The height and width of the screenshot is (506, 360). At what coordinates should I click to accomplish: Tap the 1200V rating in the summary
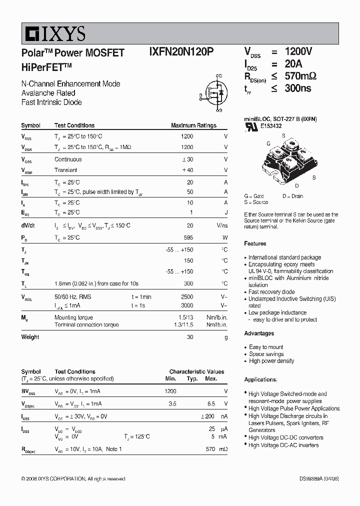point(298,52)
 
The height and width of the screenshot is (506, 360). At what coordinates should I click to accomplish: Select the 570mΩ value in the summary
point(300,76)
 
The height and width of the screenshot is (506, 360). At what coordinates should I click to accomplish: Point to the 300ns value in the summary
point(297,88)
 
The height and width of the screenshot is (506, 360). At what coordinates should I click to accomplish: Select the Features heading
point(255,243)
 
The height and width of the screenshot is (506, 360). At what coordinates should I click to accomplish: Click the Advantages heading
point(259,333)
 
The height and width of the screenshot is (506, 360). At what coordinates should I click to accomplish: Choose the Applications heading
point(260,379)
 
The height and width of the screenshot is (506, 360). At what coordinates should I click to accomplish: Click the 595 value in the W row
point(188,237)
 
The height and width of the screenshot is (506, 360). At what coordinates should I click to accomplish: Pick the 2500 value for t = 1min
point(186,297)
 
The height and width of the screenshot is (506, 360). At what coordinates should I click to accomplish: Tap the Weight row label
point(30,337)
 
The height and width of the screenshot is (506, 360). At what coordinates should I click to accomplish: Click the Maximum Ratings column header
point(193,125)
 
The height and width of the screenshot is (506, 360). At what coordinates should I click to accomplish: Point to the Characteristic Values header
point(196,372)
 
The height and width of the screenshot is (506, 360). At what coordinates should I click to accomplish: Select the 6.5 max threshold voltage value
point(211,403)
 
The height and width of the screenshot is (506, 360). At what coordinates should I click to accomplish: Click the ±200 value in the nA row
point(207,416)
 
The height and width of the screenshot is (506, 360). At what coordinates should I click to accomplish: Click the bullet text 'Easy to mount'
point(266,347)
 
